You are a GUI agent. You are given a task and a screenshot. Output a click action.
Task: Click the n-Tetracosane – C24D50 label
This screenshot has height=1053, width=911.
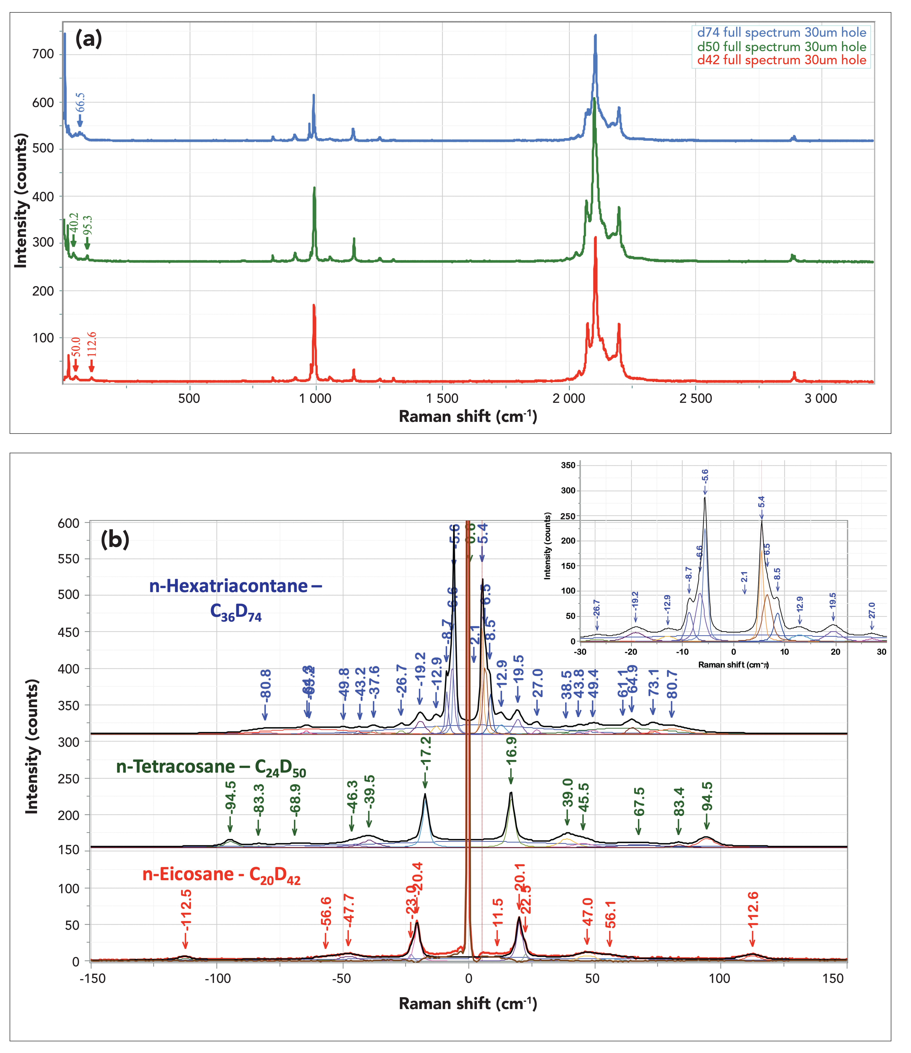[x=211, y=768]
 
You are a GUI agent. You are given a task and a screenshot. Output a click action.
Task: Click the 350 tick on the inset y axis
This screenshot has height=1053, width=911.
[x=568, y=466]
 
